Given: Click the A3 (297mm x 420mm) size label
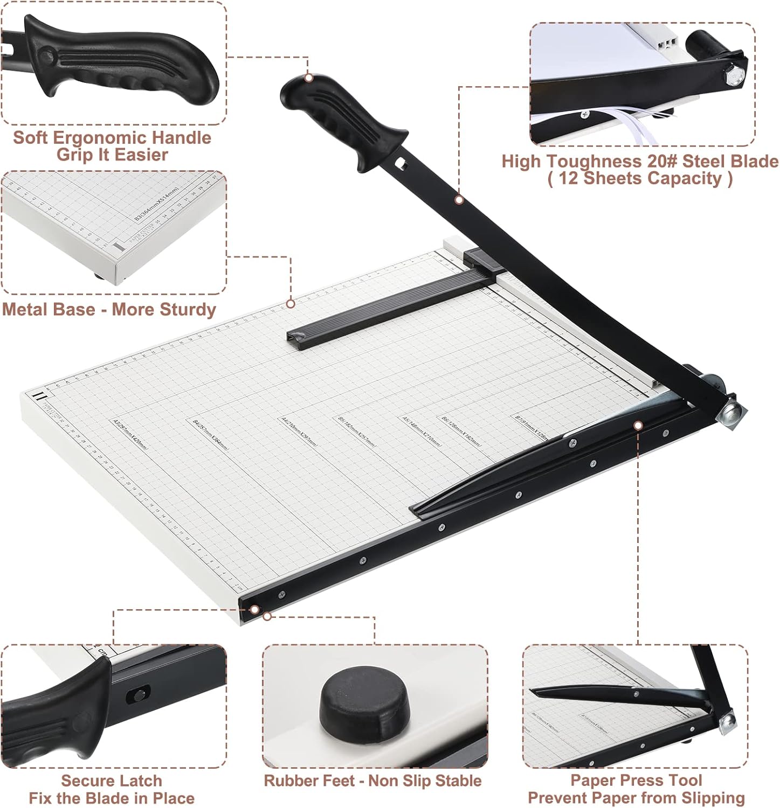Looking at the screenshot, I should [129, 434].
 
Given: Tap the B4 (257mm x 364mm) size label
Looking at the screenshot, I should [211, 435].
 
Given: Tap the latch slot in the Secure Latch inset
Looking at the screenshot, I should [137, 694].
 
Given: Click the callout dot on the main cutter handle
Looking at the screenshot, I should [309, 78].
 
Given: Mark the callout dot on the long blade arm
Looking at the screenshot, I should [459, 200].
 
